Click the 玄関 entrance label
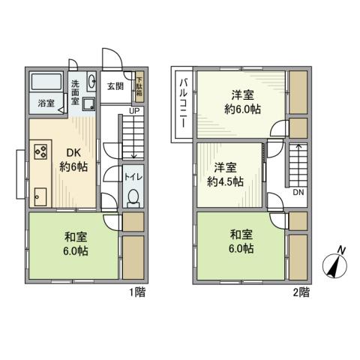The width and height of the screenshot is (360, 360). point(114,85)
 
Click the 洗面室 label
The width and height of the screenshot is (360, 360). point(76,91)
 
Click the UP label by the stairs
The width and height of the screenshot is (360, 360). point(133,112)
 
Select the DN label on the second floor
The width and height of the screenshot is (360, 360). point(298,192)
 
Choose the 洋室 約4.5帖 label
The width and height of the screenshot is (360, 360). point(226,174)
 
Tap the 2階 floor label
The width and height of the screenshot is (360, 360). point(300,292)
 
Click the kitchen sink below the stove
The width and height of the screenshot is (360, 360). point(39,196)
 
